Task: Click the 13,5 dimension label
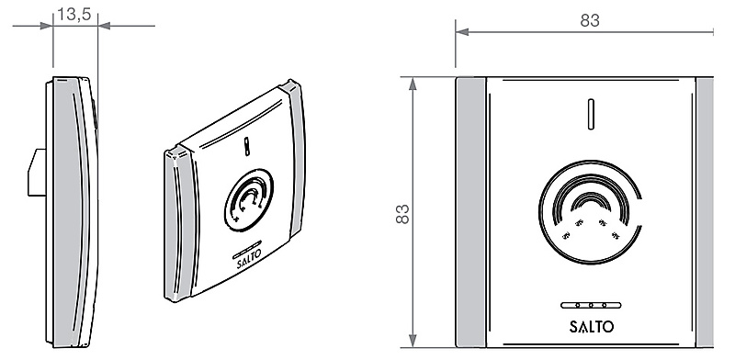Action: point(74,14)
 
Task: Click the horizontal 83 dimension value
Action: point(590,20)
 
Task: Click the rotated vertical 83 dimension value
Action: point(402,214)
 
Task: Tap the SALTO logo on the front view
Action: point(592,326)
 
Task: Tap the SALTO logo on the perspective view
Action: point(248,259)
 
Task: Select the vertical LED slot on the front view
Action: point(591,114)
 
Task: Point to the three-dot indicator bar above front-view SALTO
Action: point(591,305)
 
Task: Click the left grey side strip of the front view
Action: point(471,212)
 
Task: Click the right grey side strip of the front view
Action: point(705,212)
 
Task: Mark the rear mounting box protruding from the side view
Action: point(37,172)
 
